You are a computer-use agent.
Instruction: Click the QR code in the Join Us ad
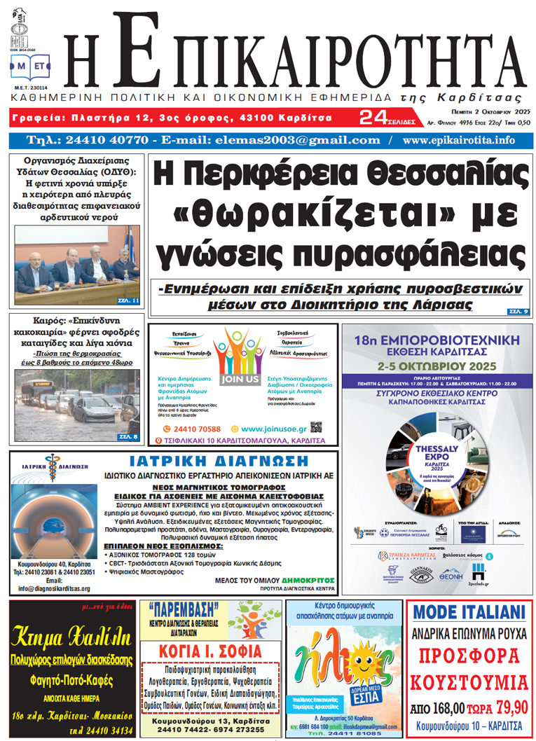point(316,427)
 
